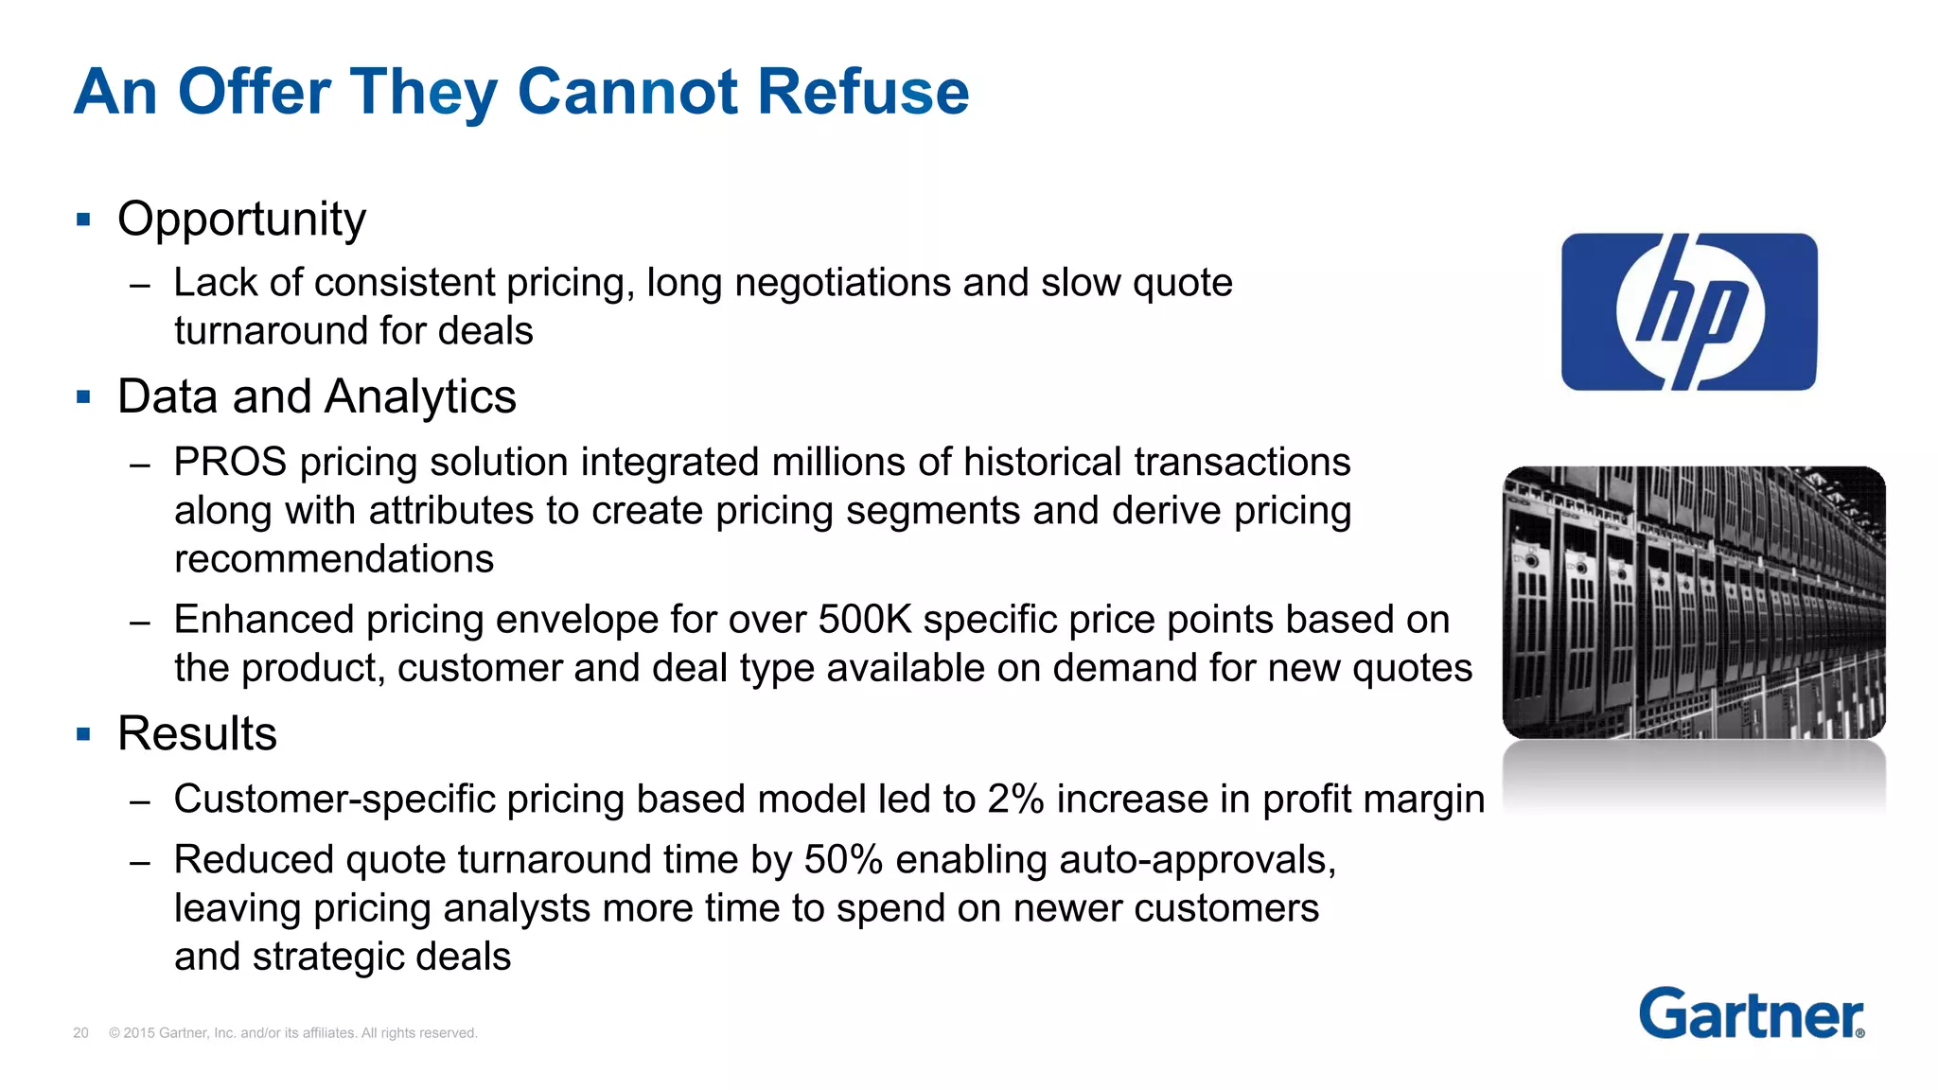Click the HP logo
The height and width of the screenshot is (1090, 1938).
coord(1689,311)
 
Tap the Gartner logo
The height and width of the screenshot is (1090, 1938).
coord(1751,1014)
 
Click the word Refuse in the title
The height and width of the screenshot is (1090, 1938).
coord(862,92)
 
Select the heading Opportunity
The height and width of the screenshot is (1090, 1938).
coord(241,220)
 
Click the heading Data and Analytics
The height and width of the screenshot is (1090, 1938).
coord(316,396)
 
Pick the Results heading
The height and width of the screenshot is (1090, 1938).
coord(197,733)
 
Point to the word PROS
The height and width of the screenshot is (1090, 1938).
coord(230,463)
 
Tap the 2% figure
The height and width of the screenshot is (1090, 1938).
coord(1015,800)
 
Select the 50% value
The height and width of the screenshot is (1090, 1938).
coord(843,860)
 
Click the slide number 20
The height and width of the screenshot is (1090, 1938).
coord(80,1033)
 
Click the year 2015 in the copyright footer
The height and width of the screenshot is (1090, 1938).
coord(138,1033)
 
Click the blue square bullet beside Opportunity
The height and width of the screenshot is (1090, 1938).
coord(83,220)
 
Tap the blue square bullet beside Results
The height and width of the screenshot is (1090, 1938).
coord(83,734)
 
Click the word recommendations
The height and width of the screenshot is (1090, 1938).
coord(334,559)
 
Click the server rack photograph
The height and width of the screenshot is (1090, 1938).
coord(1694,602)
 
